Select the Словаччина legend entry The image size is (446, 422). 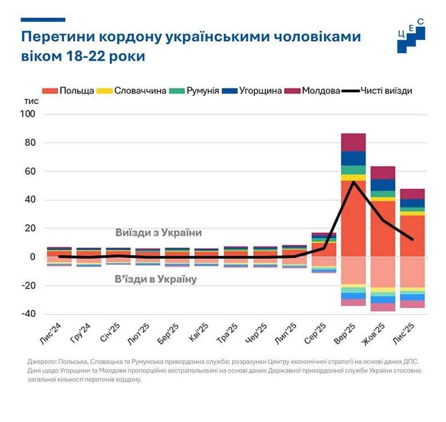coord(133,91)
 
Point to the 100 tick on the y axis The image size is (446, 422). coord(29,114)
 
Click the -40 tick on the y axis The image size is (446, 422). coord(29,314)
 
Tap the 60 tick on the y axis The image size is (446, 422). coord(30,171)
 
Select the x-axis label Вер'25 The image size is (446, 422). coord(347,334)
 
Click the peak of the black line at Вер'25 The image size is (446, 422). coord(353,182)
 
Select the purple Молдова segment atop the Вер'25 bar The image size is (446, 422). coord(353,142)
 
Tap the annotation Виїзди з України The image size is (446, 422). coord(158,233)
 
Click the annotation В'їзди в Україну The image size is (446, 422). coord(156,279)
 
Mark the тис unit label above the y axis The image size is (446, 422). coord(31,101)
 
